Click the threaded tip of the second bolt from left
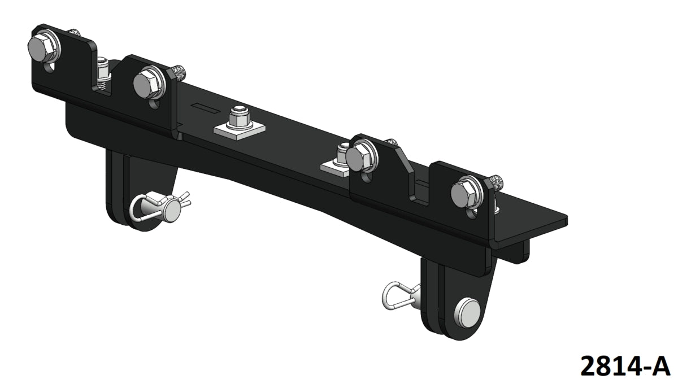click(179, 71)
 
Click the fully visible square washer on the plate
click(240, 129)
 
